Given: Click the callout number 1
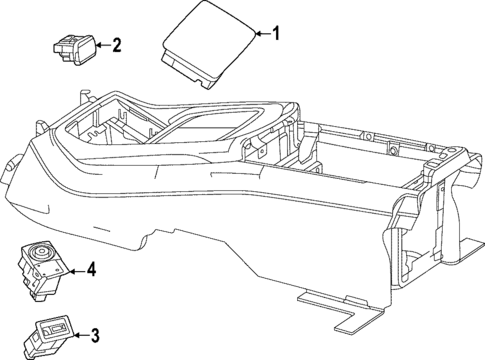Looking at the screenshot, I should (x=278, y=35).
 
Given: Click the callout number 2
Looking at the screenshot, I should (x=117, y=44).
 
